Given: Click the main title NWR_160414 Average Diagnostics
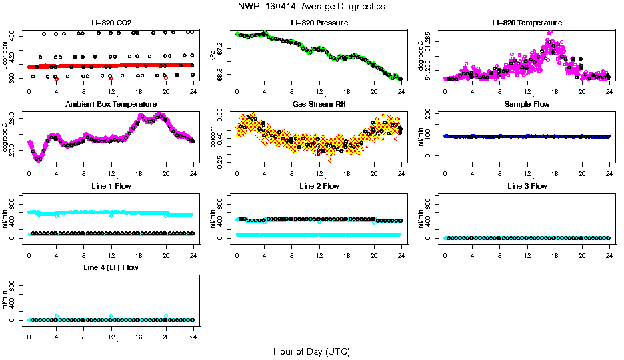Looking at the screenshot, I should [x=311, y=7].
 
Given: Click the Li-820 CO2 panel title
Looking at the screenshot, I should [x=111, y=23].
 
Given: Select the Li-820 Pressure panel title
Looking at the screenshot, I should [x=319, y=23].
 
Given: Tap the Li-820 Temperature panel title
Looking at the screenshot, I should [x=527, y=23].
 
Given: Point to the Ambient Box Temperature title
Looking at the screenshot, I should [x=111, y=105].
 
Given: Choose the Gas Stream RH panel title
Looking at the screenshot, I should [x=319, y=105].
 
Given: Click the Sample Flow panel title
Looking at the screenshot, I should [x=527, y=105].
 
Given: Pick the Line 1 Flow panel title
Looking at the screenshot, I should [x=111, y=186].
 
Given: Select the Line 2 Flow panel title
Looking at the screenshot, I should [x=319, y=186].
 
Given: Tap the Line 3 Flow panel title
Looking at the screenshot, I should [x=527, y=186].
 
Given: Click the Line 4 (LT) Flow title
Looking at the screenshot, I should [x=111, y=267].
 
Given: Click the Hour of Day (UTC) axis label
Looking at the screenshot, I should [x=311, y=351].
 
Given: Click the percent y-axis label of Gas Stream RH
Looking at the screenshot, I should [x=213, y=137].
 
